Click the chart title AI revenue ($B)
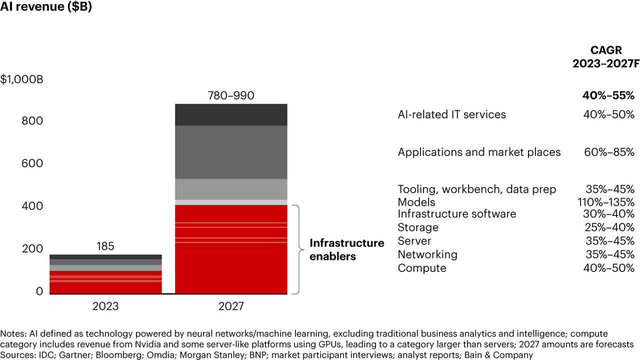(46, 8)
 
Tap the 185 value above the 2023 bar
(105, 246)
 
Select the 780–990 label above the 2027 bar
(231, 95)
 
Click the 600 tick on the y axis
(32, 163)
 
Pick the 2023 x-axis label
(105, 306)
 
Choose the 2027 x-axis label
(231, 306)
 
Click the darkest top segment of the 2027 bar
(231, 114)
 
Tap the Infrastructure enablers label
(346, 249)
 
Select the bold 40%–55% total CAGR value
(608, 95)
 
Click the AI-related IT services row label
(451, 114)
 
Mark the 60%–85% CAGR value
(609, 152)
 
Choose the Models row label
(416, 202)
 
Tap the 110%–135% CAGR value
(605, 202)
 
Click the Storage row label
(418, 227)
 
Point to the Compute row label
(422, 268)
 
